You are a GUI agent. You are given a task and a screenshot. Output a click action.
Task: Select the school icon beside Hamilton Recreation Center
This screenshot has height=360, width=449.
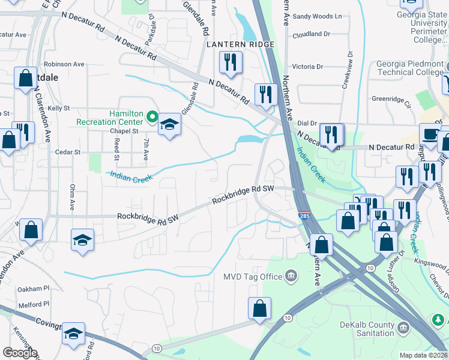coord(170,125)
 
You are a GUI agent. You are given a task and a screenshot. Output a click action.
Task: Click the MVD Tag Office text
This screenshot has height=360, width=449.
coord(253,276)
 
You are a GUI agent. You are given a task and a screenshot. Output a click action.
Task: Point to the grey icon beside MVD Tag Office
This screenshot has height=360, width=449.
coord(291,276)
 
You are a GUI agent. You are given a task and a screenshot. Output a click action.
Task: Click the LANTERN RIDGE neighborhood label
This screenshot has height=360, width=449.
coord(240,44)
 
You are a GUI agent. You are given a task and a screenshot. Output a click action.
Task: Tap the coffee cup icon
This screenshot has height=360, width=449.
coord(429,133)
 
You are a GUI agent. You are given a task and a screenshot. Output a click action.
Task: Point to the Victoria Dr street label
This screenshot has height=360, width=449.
coord(307,67)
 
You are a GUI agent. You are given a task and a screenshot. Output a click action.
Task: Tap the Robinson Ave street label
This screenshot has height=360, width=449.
coord(64,64)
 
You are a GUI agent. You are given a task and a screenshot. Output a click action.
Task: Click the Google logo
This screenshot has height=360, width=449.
coord(20,353)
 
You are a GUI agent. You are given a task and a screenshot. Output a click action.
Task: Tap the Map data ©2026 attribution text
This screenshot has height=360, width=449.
coord(424,355)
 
